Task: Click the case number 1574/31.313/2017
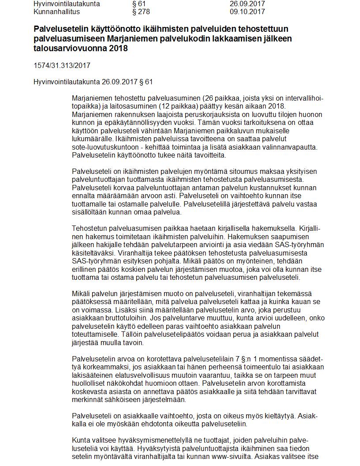point(62,66)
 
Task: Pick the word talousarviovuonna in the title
point(64,48)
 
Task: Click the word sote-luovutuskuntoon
point(105,147)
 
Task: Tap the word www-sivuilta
point(232,457)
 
